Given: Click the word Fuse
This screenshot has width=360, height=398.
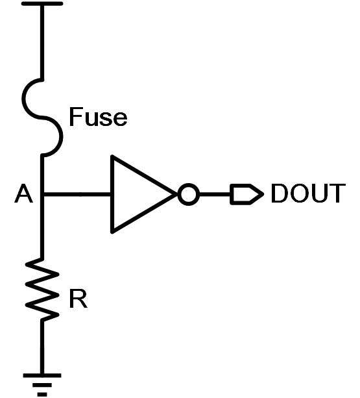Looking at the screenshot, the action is click(x=98, y=117).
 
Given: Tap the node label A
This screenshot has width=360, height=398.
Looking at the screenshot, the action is click(x=23, y=193).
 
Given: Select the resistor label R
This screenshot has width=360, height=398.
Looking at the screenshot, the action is click(x=78, y=299).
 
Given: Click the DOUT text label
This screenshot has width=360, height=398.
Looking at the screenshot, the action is click(x=308, y=193).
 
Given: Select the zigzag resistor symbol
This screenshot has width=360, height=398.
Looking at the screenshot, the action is click(x=42, y=290).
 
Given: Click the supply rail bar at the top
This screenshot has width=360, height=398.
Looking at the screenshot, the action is click(x=42, y=3).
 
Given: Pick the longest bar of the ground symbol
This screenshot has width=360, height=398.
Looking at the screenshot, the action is click(x=42, y=375).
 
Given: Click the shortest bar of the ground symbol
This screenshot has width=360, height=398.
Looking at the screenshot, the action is click(x=42, y=395).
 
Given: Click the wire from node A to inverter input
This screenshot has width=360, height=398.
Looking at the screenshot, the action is click(x=77, y=194).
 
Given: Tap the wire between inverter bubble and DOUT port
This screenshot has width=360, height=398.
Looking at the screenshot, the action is click(x=215, y=194).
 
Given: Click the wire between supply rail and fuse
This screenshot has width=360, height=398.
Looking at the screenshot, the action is click(x=42, y=42).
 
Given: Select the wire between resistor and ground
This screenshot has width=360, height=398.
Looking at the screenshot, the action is click(x=42, y=347).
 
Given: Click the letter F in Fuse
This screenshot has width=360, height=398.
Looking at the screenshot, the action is click(x=75, y=117).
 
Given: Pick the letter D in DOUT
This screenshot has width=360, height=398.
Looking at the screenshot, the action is click(x=279, y=193).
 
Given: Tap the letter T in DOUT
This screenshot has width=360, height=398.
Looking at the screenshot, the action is click(x=338, y=193).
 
